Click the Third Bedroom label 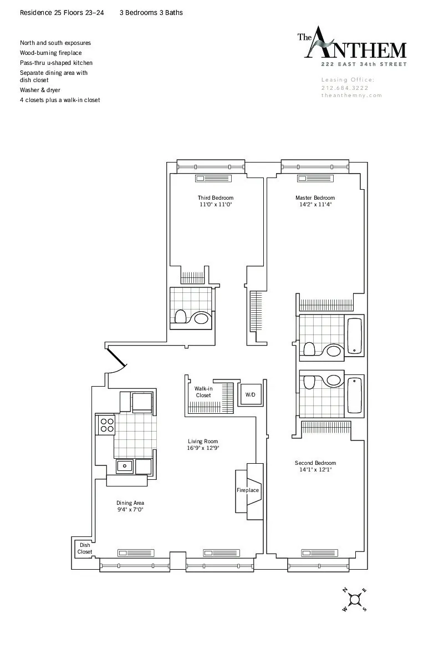[x=215, y=198]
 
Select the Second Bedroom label [x=315, y=463]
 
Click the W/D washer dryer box [x=251, y=395]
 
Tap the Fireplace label [x=248, y=490]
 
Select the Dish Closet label [x=84, y=549]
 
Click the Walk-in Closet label [x=203, y=392]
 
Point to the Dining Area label [x=130, y=503]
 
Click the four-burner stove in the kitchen [x=106, y=425]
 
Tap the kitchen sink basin [x=125, y=467]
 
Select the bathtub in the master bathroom [x=354, y=336]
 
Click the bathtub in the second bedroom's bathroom [x=354, y=395]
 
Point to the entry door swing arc [x=118, y=363]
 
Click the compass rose [x=355, y=600]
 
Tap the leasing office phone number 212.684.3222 [x=345, y=88]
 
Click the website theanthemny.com [x=351, y=95]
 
